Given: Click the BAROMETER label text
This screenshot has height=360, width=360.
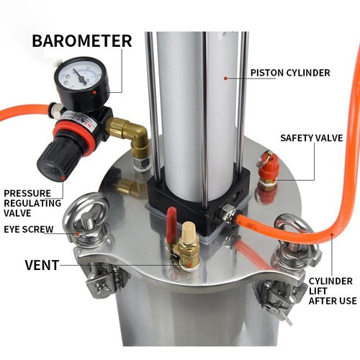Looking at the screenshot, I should click(x=81, y=40).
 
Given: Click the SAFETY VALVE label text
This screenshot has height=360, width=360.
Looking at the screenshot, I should click(x=311, y=138).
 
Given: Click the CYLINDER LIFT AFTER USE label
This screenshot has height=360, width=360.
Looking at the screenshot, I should click(x=331, y=290).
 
